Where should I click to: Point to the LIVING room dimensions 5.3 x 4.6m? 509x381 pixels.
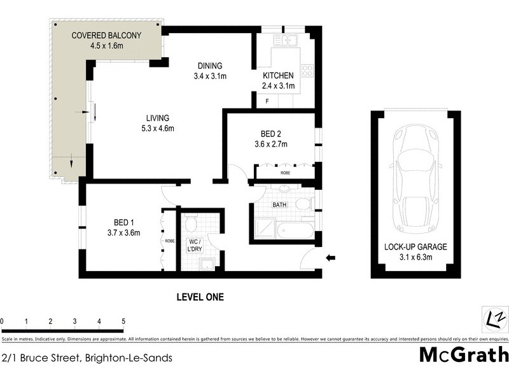157,128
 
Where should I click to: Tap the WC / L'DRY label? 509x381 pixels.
193,245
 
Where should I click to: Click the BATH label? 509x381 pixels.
279,205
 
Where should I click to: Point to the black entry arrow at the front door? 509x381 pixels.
330,257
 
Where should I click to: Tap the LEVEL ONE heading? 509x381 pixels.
200,297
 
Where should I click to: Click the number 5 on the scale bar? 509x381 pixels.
123,321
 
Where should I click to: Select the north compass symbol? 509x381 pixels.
494,318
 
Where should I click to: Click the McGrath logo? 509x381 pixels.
464,355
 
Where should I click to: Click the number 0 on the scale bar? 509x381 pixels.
3,321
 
